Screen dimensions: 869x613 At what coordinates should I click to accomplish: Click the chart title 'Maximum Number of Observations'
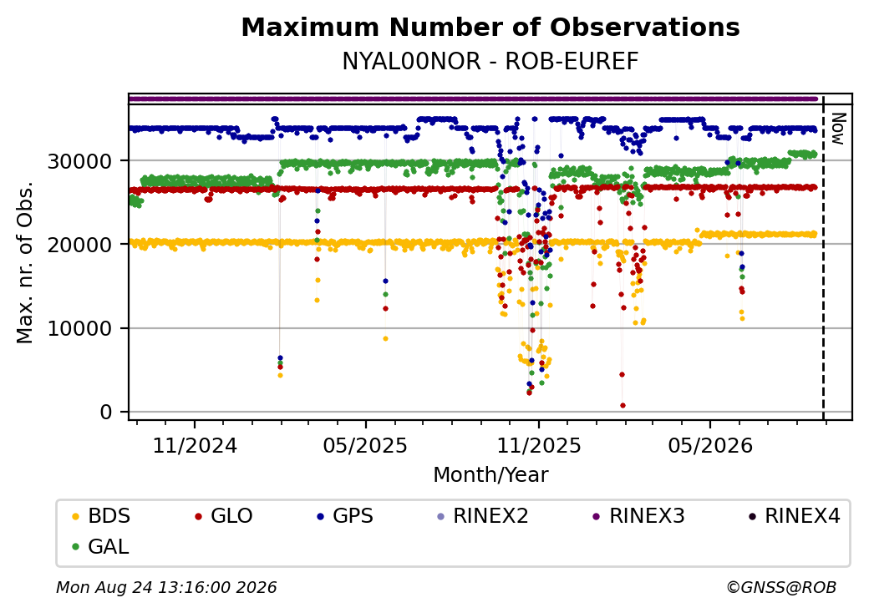click(490, 27)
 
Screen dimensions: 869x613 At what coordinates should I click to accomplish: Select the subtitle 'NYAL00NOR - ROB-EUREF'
click(490, 62)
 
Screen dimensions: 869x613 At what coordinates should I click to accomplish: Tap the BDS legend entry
click(101, 516)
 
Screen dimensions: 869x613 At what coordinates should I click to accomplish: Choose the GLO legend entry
click(224, 516)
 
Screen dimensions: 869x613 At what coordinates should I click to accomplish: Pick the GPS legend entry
click(345, 516)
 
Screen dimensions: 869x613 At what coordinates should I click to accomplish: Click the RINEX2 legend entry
click(483, 516)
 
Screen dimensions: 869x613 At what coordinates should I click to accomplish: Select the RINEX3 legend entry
click(639, 516)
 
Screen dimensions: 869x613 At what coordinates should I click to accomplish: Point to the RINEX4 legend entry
click(794, 516)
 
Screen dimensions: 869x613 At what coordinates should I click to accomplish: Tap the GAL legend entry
click(101, 546)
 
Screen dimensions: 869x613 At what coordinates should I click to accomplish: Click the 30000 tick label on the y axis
click(80, 162)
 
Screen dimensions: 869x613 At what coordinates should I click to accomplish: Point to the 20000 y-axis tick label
click(80, 245)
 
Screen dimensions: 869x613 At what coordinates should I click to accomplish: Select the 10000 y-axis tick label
click(80, 329)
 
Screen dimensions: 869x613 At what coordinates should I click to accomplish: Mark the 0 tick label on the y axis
click(106, 413)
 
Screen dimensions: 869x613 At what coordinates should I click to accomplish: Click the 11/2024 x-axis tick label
click(195, 446)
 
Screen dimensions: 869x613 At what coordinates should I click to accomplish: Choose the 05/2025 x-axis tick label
click(365, 446)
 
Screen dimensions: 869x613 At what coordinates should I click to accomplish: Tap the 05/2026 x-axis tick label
click(710, 446)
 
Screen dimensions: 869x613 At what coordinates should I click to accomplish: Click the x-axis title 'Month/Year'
click(490, 475)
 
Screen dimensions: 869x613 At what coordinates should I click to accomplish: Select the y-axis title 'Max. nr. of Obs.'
click(25, 262)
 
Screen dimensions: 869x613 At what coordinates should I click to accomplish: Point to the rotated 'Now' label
click(839, 129)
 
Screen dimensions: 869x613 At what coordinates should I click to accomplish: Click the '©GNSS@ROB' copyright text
click(781, 587)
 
